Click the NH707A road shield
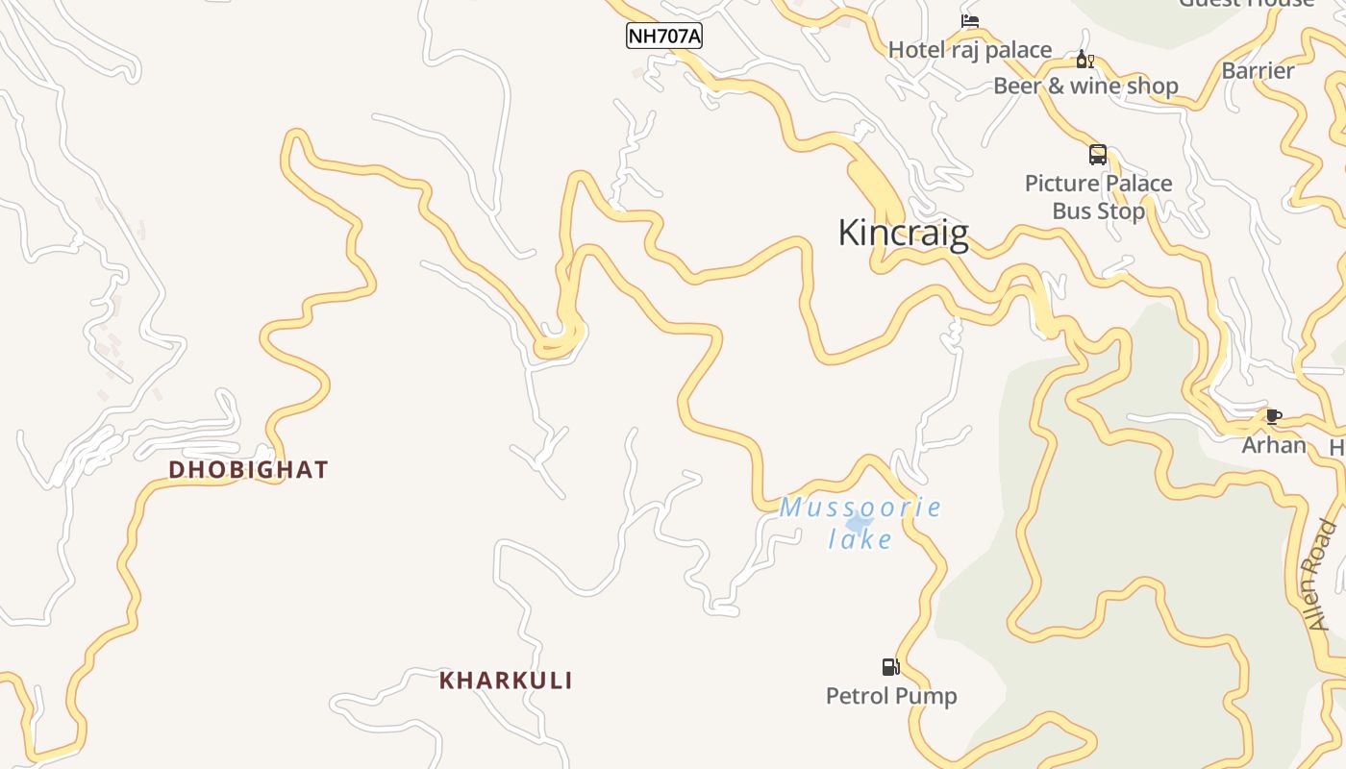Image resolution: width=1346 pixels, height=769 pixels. point(664,37)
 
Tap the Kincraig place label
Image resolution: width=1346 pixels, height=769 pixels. point(903,234)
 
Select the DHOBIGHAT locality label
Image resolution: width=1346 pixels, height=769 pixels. point(249,470)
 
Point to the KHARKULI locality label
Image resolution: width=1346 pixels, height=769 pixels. point(506,681)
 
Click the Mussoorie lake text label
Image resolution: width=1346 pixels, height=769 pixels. point(860,522)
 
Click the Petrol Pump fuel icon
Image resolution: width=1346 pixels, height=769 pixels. point(891,667)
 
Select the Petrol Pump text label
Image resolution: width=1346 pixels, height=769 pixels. point(891,696)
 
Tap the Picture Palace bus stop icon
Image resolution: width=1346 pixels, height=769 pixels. point(1098,155)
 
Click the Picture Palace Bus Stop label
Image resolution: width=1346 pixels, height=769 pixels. point(1098,197)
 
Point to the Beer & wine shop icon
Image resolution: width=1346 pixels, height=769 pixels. point(1084,61)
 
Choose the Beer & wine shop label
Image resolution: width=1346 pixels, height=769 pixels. point(1085,87)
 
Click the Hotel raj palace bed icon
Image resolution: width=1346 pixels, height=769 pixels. point(970,22)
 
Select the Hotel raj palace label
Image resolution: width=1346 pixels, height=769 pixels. point(970,50)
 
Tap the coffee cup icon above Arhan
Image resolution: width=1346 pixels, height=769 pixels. point(1274,417)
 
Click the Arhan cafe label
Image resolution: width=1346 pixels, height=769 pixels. point(1274,445)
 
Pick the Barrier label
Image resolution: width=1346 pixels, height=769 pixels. point(1258,71)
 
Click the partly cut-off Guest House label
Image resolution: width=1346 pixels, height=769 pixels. point(1246,4)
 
